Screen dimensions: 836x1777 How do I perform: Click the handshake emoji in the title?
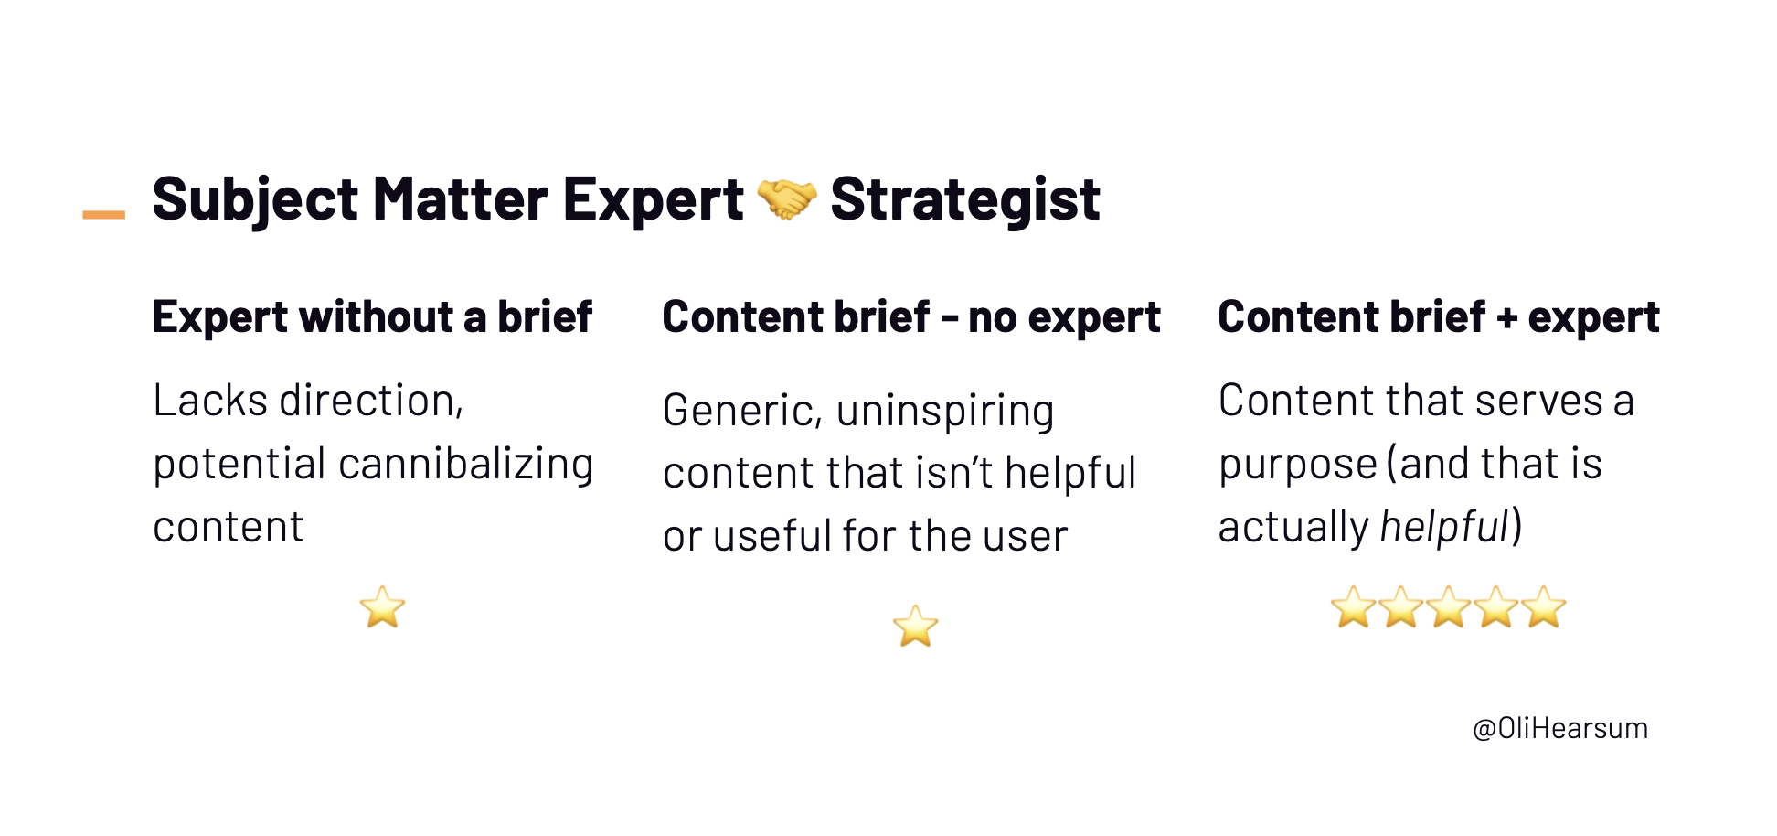pos(786,198)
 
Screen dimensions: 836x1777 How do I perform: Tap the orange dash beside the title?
pos(103,215)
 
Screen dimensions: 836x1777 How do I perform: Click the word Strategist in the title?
pos(964,199)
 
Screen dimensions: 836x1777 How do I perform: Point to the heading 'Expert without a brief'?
pos(372,317)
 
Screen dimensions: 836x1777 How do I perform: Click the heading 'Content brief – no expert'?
pos(910,317)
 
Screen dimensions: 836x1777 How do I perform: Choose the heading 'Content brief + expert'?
pos(1438,317)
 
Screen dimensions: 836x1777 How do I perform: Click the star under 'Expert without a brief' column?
pos(382,607)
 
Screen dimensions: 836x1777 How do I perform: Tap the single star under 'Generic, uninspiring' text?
pos(915,627)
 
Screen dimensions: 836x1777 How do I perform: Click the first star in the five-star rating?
pos(1353,607)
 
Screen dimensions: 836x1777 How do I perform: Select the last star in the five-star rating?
pos(1544,607)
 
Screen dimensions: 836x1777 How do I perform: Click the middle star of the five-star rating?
pos(1449,607)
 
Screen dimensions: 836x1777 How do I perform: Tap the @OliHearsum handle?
pos(1559,728)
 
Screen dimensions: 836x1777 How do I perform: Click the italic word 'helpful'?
pos(1443,527)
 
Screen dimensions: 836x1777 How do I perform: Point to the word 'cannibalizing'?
pos(466,464)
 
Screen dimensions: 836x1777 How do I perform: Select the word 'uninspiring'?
pos(944,411)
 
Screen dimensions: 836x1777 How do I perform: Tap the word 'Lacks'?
pos(210,401)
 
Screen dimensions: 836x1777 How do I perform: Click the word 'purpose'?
pos(1297,465)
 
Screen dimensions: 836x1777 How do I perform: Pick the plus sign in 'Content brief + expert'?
pos(1506,318)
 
